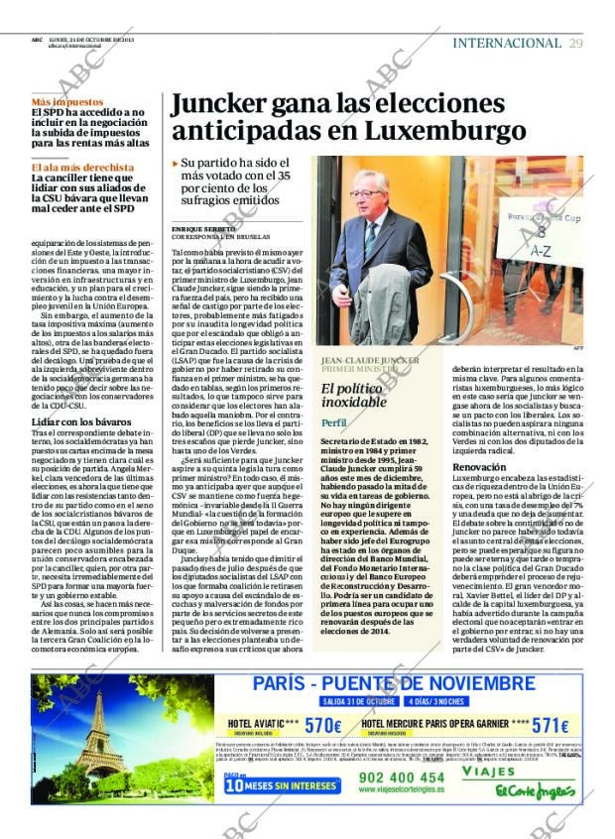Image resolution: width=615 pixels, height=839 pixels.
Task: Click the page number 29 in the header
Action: (575, 43)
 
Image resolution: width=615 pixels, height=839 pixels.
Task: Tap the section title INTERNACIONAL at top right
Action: (506, 43)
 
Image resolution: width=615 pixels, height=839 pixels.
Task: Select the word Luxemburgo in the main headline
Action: (444, 130)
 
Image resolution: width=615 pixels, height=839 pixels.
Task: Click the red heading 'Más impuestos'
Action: (66, 102)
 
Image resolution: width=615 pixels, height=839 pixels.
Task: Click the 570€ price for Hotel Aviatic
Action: (323, 725)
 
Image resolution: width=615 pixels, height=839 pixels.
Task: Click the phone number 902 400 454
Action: (389, 778)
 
